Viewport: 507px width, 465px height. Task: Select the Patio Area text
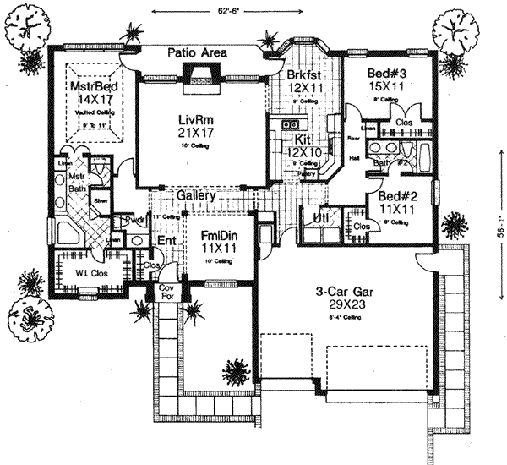[196, 52]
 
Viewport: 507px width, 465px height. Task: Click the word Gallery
[197, 195]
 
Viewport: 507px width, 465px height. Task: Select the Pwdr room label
[135, 221]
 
